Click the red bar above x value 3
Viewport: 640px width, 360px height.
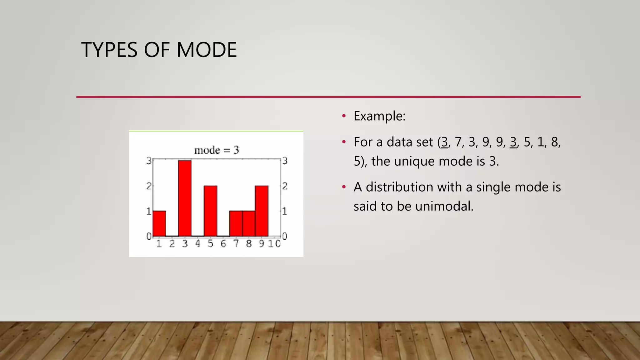click(x=185, y=198)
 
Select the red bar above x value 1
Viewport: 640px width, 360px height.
click(x=159, y=224)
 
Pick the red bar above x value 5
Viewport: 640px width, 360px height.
click(x=210, y=211)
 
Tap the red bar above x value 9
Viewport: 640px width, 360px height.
click(x=262, y=211)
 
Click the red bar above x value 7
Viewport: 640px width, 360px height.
click(x=236, y=224)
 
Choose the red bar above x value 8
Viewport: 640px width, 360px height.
click(x=249, y=224)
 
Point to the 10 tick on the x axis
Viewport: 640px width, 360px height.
click(x=274, y=244)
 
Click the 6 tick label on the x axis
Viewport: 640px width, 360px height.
click(x=223, y=244)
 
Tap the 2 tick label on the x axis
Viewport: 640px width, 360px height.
click(x=172, y=244)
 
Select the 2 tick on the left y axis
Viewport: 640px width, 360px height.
click(x=149, y=186)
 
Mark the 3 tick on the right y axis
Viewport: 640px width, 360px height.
click(x=285, y=161)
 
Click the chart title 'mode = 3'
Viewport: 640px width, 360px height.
click(x=217, y=150)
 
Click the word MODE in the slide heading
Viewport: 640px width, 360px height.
click(x=207, y=50)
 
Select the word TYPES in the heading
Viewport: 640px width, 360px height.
click(x=109, y=50)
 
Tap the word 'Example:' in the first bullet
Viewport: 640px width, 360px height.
click(x=379, y=116)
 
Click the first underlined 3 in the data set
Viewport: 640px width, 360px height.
click(x=444, y=142)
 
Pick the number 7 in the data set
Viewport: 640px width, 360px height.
click(x=458, y=142)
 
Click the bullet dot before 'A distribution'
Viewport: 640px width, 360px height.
click(x=344, y=187)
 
